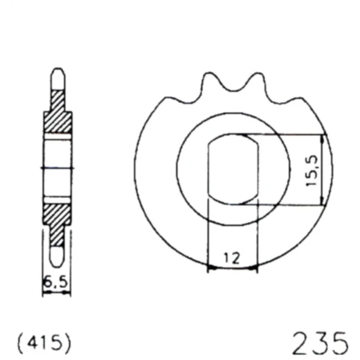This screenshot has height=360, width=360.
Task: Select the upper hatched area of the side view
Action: tap(59, 122)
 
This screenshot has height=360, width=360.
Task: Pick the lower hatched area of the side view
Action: tap(59, 220)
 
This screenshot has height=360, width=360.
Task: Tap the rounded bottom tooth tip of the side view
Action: tap(58, 262)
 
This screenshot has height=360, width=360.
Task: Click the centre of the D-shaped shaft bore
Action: tap(233, 169)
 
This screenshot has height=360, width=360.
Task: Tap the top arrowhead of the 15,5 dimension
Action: tap(322, 137)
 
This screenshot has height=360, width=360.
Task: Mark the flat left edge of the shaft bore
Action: tap(208, 169)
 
